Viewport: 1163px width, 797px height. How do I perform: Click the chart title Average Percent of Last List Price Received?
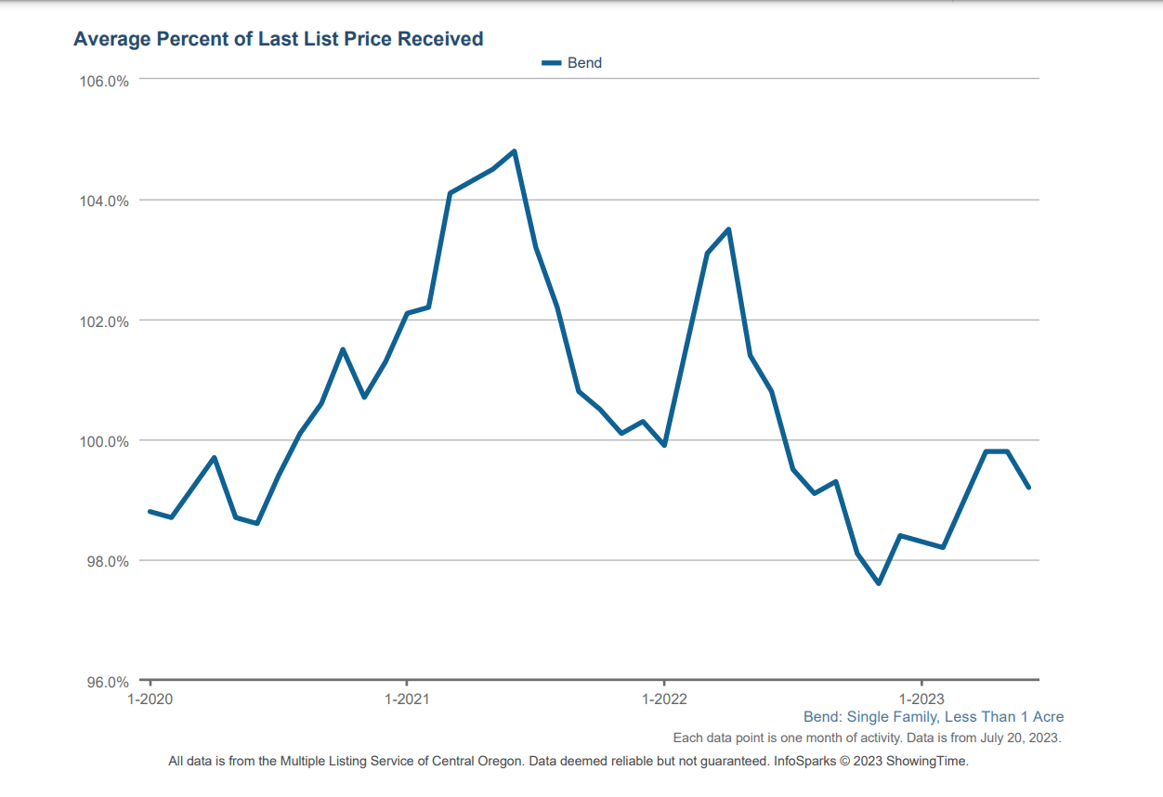pos(278,39)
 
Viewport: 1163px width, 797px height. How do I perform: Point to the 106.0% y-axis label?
pos(103,81)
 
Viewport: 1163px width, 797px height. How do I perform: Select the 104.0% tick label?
pos(103,201)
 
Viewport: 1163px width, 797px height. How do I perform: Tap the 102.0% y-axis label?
pos(103,321)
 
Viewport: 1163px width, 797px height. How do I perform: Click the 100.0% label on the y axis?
pos(103,441)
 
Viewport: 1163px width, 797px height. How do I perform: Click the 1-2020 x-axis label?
pos(150,699)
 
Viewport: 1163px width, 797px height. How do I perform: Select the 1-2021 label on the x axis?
pos(407,699)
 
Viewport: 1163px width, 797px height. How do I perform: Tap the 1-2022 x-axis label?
pos(663,699)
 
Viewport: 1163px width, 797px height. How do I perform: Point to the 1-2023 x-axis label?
pos(921,699)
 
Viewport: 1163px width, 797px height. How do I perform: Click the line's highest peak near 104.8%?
pos(514,151)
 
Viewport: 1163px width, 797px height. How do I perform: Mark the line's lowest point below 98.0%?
pos(879,583)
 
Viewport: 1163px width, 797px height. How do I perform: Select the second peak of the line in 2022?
pos(728,229)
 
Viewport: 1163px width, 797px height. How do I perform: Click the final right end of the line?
pos(1028,488)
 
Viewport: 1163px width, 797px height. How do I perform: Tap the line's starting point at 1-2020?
pos(150,512)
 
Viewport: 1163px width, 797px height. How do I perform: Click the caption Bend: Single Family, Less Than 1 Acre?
pos(934,717)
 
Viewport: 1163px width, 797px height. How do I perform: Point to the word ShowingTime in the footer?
pos(927,762)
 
